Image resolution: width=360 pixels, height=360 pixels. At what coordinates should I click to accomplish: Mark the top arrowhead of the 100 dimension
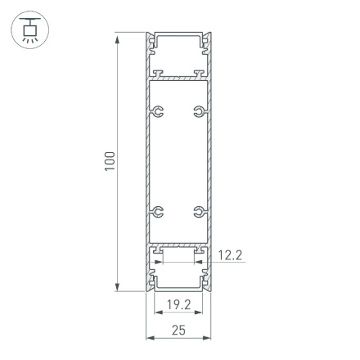coord(120,36)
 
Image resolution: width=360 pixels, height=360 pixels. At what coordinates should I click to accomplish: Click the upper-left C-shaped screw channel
coord(159,110)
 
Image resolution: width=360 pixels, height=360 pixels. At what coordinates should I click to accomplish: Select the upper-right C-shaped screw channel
coord(198,110)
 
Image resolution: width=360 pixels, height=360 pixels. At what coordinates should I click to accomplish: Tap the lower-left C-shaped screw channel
coord(159,214)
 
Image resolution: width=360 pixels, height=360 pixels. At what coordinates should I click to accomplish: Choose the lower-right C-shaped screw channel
coord(198,214)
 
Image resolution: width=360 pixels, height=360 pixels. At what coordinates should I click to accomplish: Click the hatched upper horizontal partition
coord(178,79)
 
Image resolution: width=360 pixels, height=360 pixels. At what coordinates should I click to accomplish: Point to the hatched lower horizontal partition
coord(178,245)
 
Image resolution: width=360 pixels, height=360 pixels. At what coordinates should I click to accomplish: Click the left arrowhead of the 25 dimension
coord(150,337)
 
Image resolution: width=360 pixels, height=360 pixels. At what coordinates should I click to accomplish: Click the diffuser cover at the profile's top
coord(178,37)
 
